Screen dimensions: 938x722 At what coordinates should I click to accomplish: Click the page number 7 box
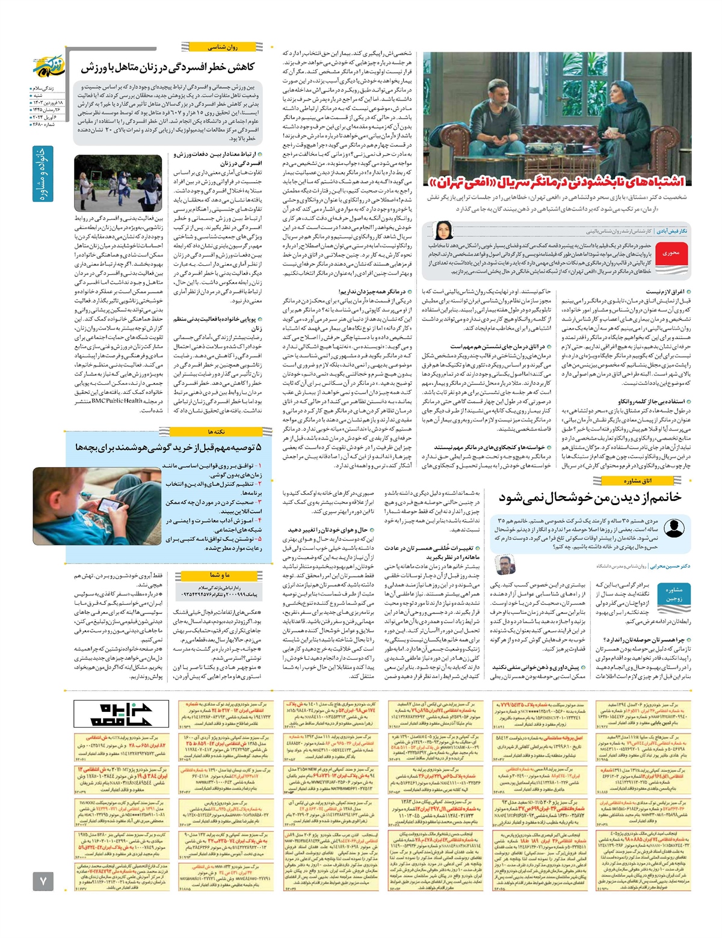point(43,881)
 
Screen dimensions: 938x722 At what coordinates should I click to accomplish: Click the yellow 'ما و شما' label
point(220,575)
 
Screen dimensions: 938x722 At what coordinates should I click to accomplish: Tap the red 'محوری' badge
point(671,253)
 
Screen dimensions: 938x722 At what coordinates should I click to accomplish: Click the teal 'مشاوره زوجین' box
point(674,594)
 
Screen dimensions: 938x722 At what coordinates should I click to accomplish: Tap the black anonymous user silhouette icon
point(674,529)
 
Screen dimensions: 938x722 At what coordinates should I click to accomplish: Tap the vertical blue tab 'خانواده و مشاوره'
point(43,174)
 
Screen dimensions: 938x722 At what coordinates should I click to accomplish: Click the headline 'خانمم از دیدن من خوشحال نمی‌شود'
point(590,497)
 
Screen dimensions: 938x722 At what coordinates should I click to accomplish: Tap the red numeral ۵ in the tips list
point(259,539)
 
